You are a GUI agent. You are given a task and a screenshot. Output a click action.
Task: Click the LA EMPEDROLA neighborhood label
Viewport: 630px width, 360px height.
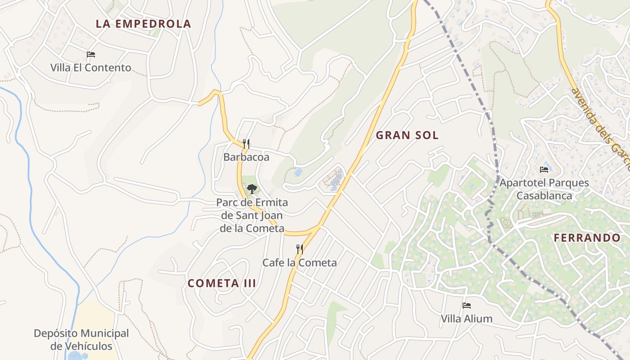(x=144, y=24)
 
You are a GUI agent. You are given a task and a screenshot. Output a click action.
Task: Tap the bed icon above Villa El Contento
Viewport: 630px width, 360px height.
(x=91, y=54)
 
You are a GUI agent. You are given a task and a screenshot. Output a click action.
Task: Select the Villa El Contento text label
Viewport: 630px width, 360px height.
(x=91, y=68)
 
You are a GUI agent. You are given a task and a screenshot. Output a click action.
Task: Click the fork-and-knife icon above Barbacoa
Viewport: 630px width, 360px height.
(x=246, y=144)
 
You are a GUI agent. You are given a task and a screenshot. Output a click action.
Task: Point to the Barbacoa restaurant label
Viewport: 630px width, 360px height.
(x=246, y=157)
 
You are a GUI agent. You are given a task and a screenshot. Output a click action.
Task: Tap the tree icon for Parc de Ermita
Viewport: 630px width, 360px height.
(x=252, y=189)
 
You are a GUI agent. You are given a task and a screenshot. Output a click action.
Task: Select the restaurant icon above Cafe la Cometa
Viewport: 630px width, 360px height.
(x=299, y=249)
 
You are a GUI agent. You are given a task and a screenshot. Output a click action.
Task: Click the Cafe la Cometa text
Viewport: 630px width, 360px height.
(x=299, y=262)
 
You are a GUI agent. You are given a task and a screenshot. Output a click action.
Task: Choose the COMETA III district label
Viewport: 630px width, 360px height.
(x=222, y=283)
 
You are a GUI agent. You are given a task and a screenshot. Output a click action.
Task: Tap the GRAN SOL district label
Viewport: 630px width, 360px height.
(x=407, y=135)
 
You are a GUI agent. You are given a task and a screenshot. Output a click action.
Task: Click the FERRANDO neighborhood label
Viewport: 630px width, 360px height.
(x=587, y=238)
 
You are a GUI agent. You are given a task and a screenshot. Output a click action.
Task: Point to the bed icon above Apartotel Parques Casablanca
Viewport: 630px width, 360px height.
(x=544, y=170)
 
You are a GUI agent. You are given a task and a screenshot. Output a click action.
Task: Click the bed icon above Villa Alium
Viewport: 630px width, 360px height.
(x=467, y=306)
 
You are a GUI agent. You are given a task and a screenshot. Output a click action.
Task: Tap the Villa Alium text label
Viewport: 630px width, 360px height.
(x=467, y=319)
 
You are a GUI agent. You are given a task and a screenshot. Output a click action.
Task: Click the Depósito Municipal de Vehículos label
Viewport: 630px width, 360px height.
(x=81, y=340)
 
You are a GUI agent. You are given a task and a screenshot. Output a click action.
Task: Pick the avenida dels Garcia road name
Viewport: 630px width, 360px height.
(x=601, y=128)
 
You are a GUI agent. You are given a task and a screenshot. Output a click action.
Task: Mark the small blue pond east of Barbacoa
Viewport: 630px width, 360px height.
(x=297, y=172)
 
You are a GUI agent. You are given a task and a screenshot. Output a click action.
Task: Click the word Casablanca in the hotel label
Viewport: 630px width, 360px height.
(x=544, y=196)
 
